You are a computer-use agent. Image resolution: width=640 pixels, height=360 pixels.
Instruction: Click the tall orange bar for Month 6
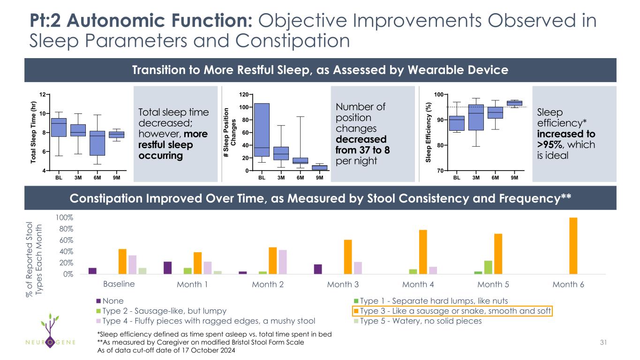[573, 246]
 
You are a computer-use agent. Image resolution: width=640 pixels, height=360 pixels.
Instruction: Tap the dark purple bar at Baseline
[92, 271]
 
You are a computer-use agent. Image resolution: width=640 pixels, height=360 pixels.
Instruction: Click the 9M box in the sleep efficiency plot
[515, 103]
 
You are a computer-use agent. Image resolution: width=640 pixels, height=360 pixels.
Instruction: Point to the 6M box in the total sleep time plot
[97, 143]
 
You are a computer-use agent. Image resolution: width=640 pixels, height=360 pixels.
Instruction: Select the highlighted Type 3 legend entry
[452, 311]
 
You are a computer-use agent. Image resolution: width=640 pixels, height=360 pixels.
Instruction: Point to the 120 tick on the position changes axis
[244, 95]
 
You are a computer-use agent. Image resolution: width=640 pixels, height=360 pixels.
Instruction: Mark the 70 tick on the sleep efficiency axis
[440, 171]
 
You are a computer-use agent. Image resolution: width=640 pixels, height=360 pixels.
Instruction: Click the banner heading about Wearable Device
[320, 70]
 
